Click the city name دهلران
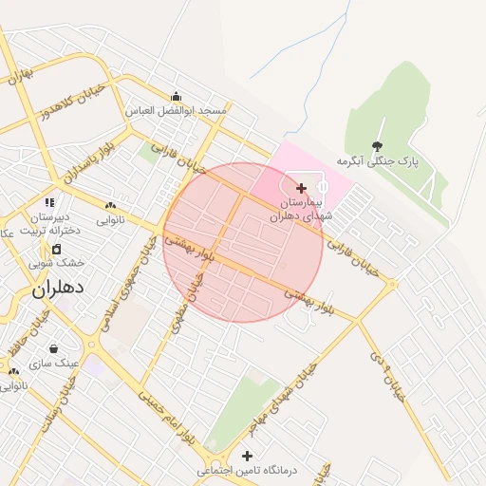point(59,288)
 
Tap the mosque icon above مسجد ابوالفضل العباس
point(176,96)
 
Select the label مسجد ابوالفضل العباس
point(177,111)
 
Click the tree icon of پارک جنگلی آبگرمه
point(378,146)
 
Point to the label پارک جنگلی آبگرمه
point(378,162)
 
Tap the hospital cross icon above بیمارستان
point(302,188)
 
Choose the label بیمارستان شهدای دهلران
point(302,210)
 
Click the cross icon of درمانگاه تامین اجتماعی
point(247,456)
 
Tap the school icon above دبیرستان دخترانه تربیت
point(50,202)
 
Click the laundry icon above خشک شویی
point(56,249)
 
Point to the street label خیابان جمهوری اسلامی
point(132,281)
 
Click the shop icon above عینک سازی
point(53,347)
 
